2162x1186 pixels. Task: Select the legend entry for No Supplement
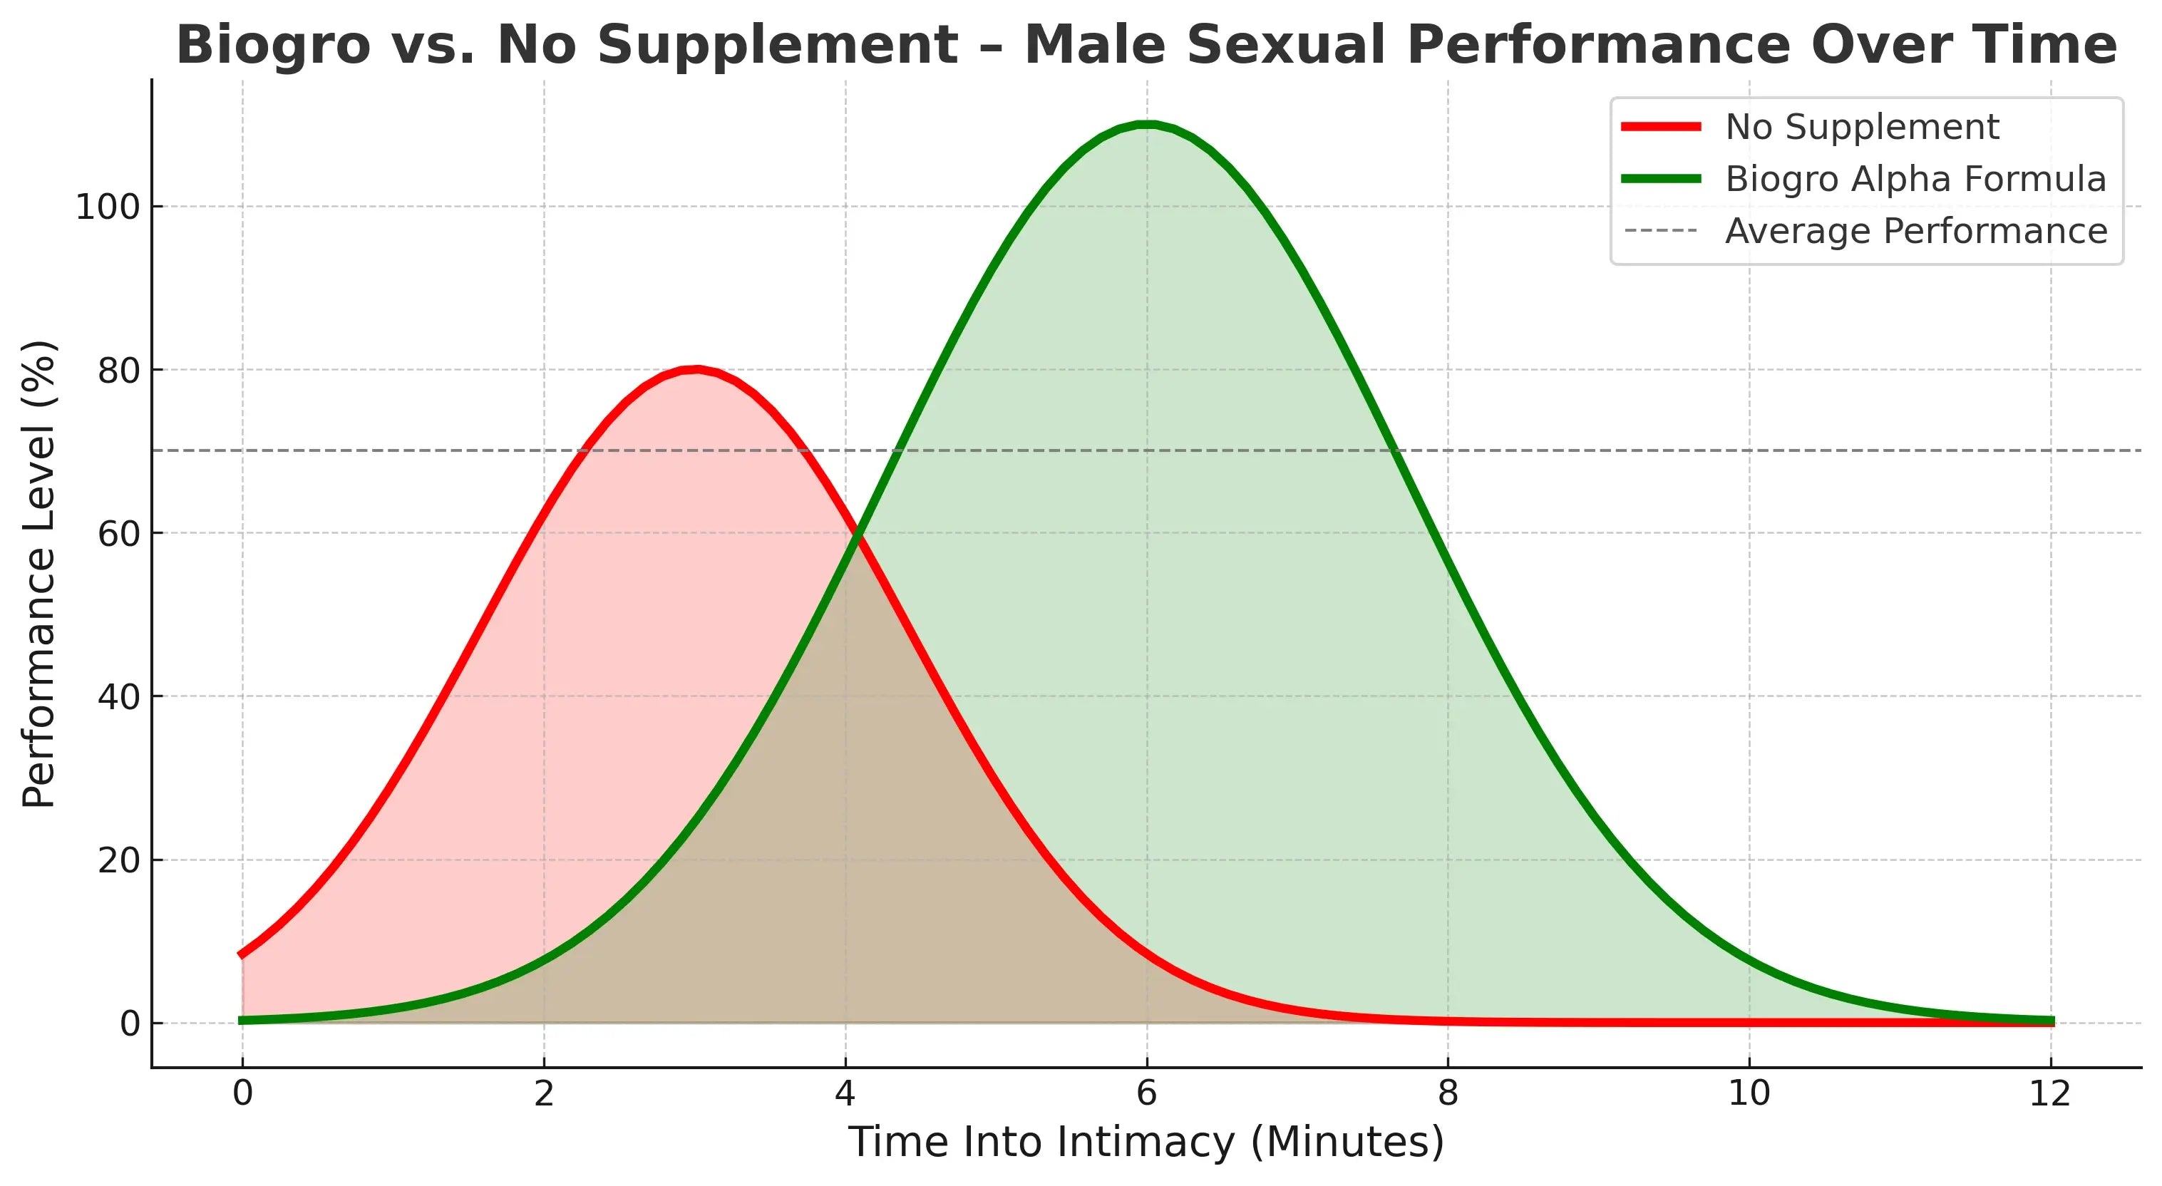(1861, 128)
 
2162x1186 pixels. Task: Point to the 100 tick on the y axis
(107, 207)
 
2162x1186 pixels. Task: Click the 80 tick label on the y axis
(118, 370)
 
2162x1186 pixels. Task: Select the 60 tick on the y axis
(118, 534)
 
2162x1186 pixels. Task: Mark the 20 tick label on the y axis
(118, 860)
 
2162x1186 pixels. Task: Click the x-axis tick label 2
(544, 1093)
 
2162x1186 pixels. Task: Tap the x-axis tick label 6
(1146, 1093)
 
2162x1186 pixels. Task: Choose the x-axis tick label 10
(1749, 1093)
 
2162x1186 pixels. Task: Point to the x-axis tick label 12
(2050, 1093)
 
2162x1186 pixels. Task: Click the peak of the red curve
(695, 370)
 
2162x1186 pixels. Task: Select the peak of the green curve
(1146, 125)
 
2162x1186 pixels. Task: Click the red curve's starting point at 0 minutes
(242, 954)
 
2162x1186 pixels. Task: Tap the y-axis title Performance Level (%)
(38, 574)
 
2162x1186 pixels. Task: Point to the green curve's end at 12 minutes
(2050, 1021)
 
